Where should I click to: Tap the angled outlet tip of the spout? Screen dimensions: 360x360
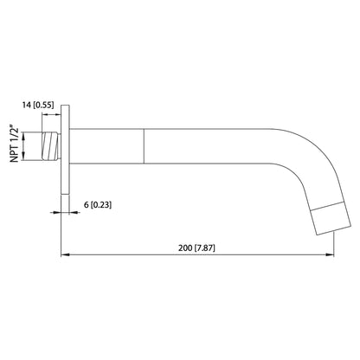322,220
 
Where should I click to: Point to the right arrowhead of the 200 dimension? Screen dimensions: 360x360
331,255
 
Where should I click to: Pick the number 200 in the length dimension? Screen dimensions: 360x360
185,247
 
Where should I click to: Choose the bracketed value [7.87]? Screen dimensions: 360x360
210,247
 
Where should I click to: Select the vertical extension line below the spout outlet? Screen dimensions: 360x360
335,247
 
